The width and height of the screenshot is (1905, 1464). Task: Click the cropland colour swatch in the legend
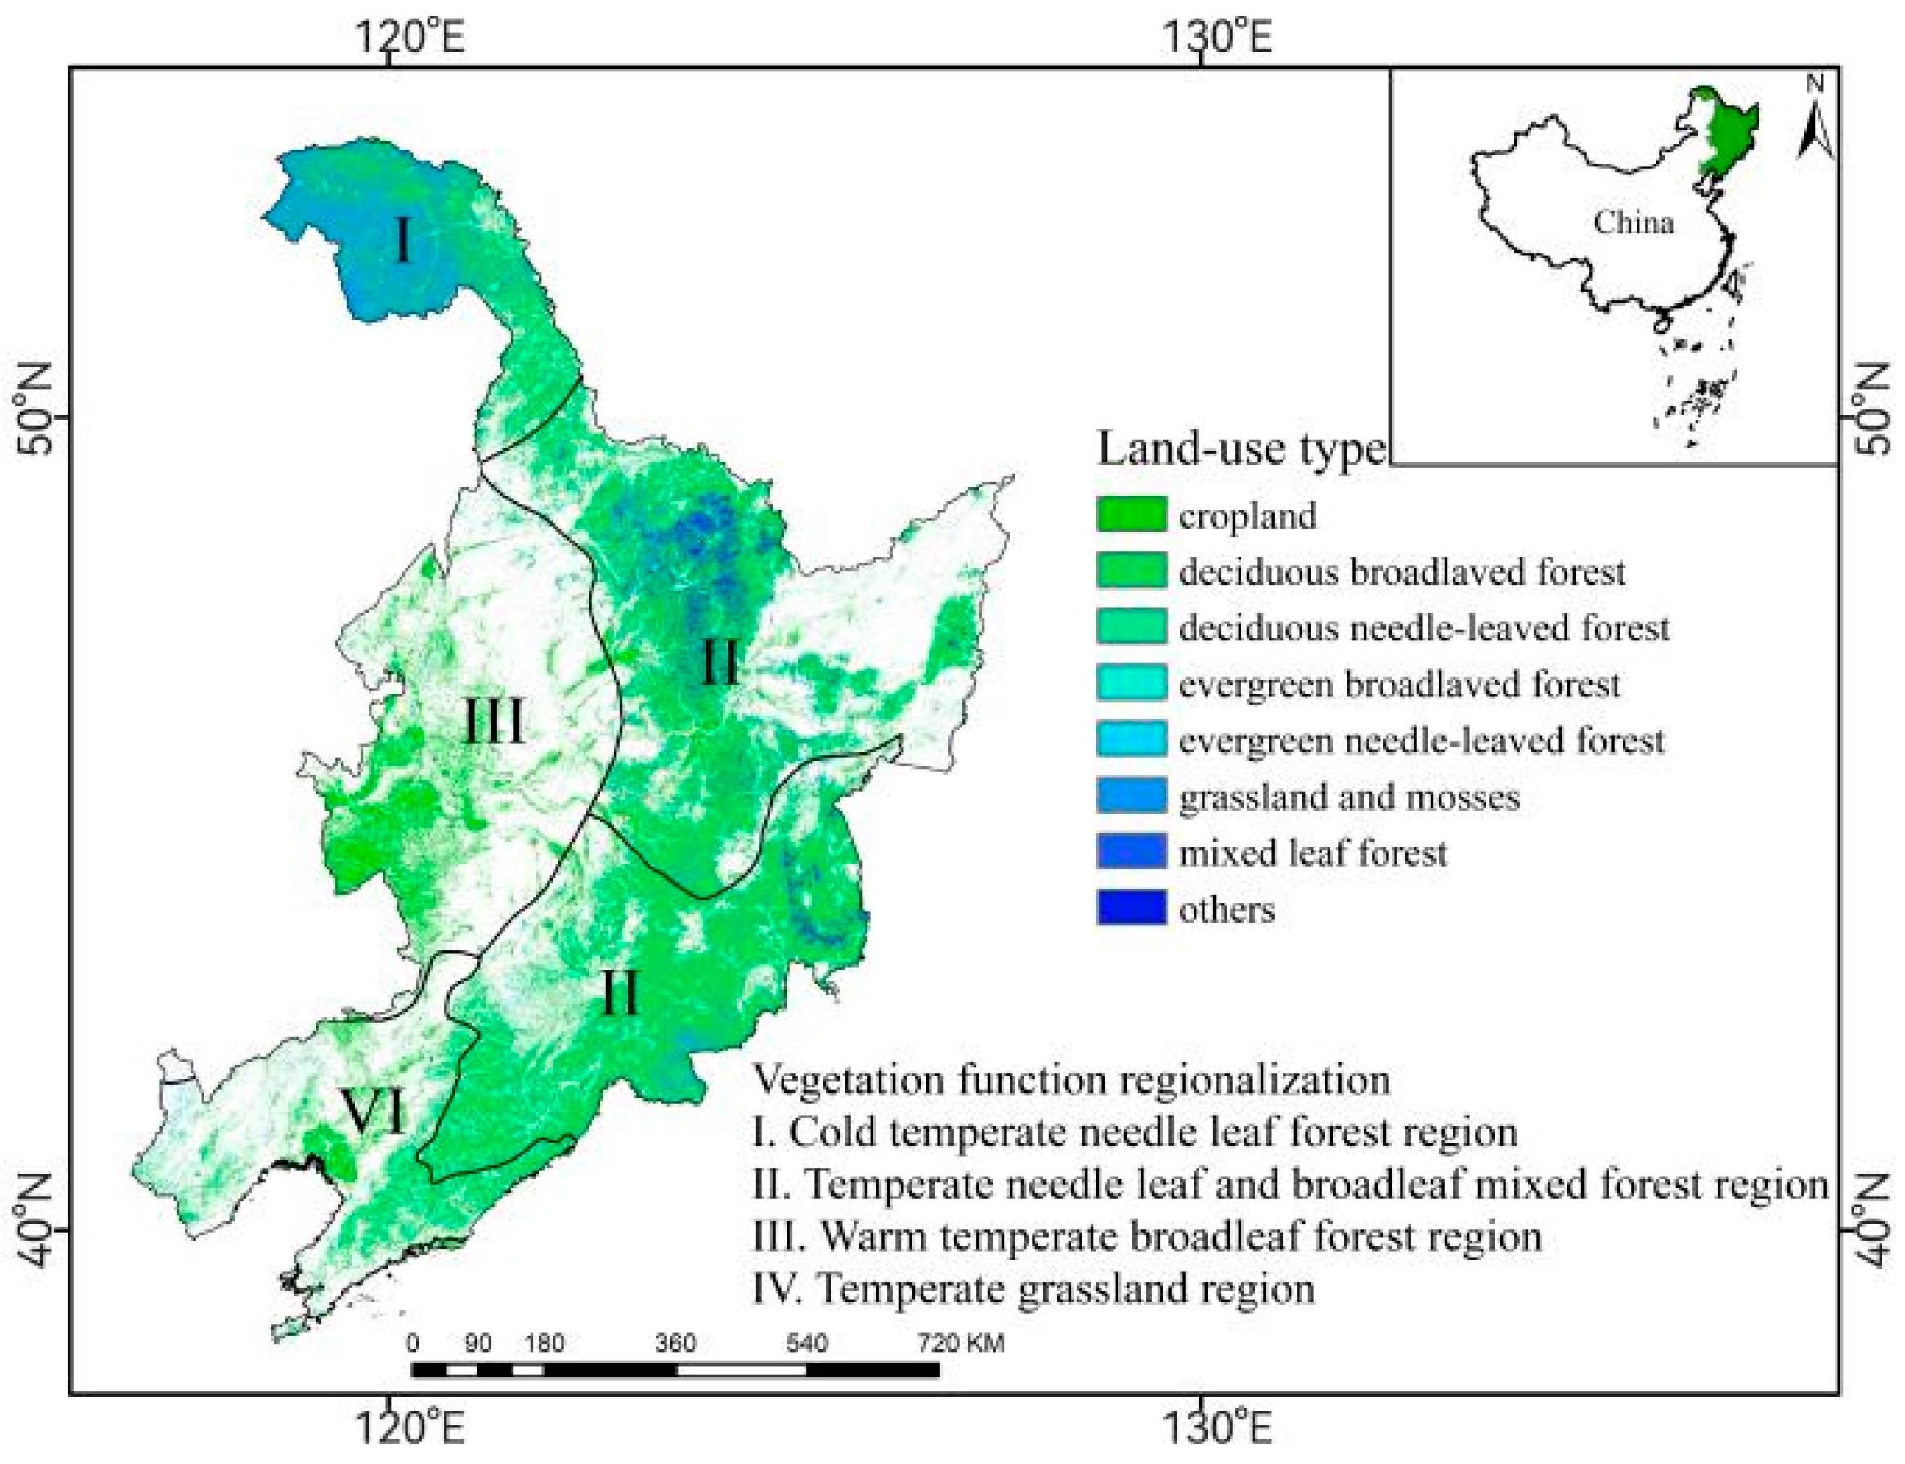pyautogui.click(x=1131, y=514)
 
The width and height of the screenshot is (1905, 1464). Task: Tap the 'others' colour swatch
pyautogui.click(x=1131, y=908)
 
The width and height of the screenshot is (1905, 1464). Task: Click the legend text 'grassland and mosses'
pyautogui.click(x=1348, y=797)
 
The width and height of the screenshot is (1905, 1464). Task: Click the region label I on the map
pyautogui.click(x=401, y=240)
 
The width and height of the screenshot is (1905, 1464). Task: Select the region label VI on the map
pyautogui.click(x=374, y=1111)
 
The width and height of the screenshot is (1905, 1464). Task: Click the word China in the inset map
pyautogui.click(x=1633, y=222)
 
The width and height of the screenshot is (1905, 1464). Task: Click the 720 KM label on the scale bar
pyautogui.click(x=960, y=1343)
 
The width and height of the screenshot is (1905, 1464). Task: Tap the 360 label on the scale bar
pyautogui.click(x=675, y=1343)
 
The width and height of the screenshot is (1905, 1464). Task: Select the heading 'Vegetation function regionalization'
pyautogui.click(x=1070, y=1079)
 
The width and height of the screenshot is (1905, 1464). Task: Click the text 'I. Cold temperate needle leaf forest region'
pyautogui.click(x=1135, y=1131)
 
